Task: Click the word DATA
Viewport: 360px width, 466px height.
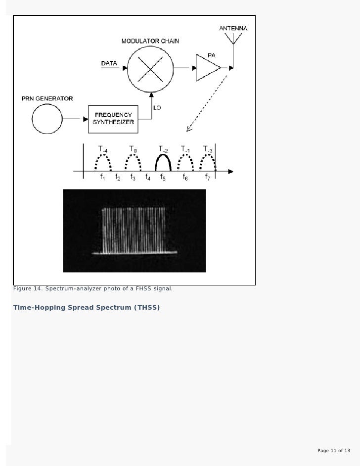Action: point(109,63)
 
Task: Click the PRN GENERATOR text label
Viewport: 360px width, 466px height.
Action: point(47,98)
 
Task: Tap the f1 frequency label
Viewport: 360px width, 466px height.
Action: point(102,178)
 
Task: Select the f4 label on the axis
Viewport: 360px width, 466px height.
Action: point(148,178)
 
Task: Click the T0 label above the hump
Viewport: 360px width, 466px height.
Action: point(133,148)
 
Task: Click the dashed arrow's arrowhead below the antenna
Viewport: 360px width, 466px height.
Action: point(188,129)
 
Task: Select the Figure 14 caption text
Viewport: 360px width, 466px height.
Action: point(92,288)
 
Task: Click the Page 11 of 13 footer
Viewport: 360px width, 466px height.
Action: point(333,451)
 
